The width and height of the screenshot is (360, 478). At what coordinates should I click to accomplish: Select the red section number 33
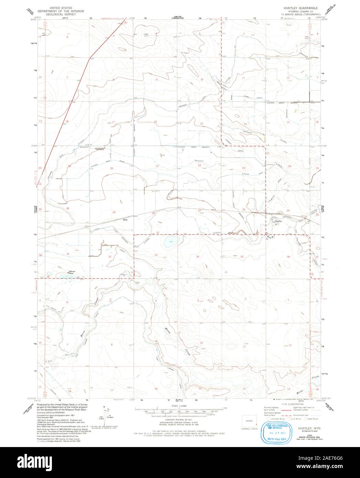pos(156,255)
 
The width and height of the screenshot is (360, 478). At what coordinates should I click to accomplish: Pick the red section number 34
pos(197,257)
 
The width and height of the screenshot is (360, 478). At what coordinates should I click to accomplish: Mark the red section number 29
pos(114,213)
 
